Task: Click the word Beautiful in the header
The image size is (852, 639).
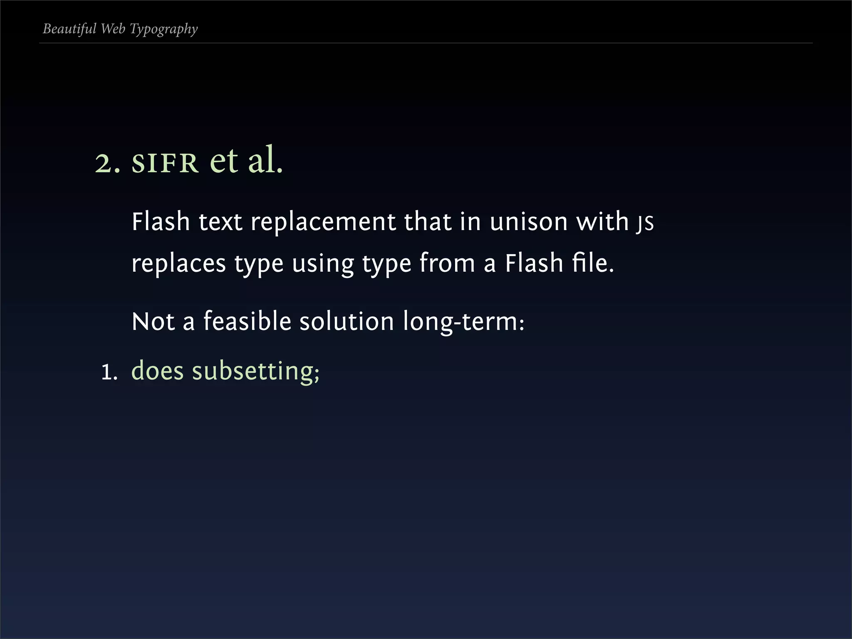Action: (x=69, y=29)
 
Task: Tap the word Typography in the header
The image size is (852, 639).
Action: (x=163, y=29)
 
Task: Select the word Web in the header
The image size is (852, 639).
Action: (x=113, y=29)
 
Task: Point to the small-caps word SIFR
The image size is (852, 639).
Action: (x=165, y=163)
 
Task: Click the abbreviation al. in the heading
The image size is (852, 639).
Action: (x=265, y=160)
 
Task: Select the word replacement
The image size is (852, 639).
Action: (x=323, y=222)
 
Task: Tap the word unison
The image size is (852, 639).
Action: (x=528, y=222)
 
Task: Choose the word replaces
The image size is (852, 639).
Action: (x=178, y=264)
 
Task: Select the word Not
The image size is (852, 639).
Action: (x=153, y=322)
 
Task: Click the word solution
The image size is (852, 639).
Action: (x=347, y=322)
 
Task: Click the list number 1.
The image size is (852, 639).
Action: (x=109, y=372)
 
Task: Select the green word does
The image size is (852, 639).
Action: (x=157, y=371)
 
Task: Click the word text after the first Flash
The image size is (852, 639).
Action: (x=220, y=222)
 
